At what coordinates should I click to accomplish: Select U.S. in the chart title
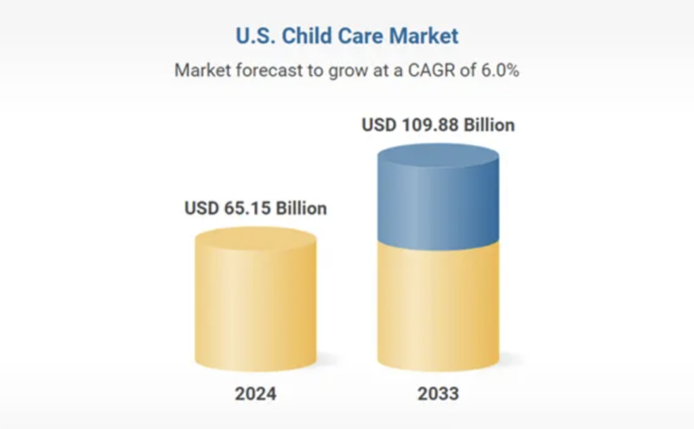(255, 36)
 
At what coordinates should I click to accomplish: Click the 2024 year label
(256, 394)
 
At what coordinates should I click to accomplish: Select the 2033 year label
(438, 394)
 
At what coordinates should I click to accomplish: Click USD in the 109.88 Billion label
(377, 125)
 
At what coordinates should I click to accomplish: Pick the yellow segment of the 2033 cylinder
(438, 305)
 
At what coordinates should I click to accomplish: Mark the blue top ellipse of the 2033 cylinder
(438, 157)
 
